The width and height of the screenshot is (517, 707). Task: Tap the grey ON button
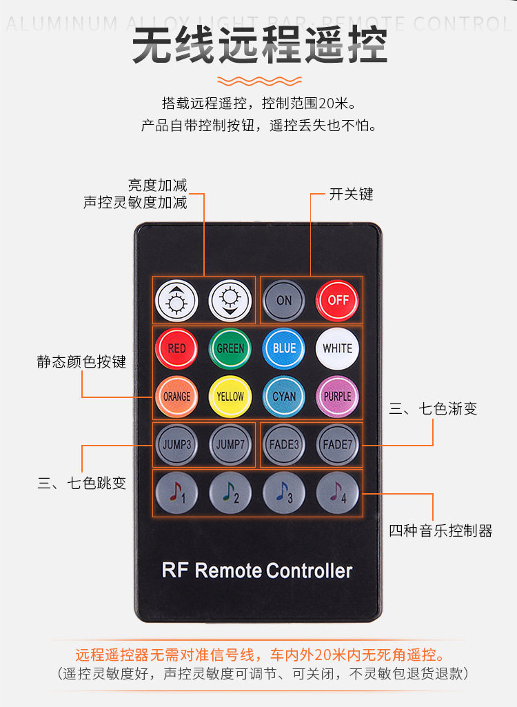tap(284, 301)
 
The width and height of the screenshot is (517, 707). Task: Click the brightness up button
tap(177, 301)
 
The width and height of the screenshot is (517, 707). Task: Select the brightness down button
tap(231, 301)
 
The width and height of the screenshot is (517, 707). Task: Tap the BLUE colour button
tap(284, 349)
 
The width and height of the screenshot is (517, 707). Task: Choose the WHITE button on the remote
tap(338, 349)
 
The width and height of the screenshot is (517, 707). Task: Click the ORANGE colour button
tap(177, 397)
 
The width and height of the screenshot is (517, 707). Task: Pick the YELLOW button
tap(231, 397)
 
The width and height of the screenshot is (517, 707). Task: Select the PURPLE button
tap(338, 397)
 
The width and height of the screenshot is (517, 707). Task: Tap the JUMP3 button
tap(177, 445)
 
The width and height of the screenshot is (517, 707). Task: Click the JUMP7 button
tap(231, 445)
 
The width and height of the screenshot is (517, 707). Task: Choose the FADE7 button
tap(338, 445)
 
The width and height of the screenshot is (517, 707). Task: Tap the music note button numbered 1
tap(177, 492)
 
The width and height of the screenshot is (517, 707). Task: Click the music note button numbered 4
tap(338, 492)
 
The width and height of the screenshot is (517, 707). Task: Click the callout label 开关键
tap(351, 195)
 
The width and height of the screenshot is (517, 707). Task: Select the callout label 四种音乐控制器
tap(440, 530)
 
